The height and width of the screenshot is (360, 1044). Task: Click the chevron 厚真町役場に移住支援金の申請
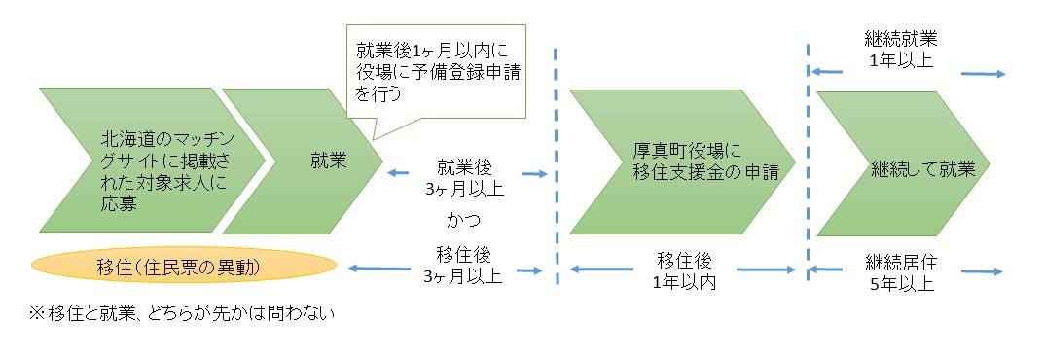click(x=671, y=162)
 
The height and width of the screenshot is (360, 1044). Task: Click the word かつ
click(x=464, y=221)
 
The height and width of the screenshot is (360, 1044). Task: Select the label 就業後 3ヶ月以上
click(x=464, y=177)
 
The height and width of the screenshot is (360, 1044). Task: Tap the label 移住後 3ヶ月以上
click(x=464, y=265)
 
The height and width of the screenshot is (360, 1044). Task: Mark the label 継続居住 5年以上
click(x=900, y=272)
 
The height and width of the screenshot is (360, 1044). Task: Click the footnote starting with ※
click(x=175, y=312)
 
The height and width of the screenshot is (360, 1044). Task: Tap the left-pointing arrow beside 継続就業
click(x=827, y=71)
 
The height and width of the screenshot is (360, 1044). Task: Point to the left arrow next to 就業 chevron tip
click(x=401, y=174)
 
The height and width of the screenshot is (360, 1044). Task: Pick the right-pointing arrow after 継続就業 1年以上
click(x=983, y=73)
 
